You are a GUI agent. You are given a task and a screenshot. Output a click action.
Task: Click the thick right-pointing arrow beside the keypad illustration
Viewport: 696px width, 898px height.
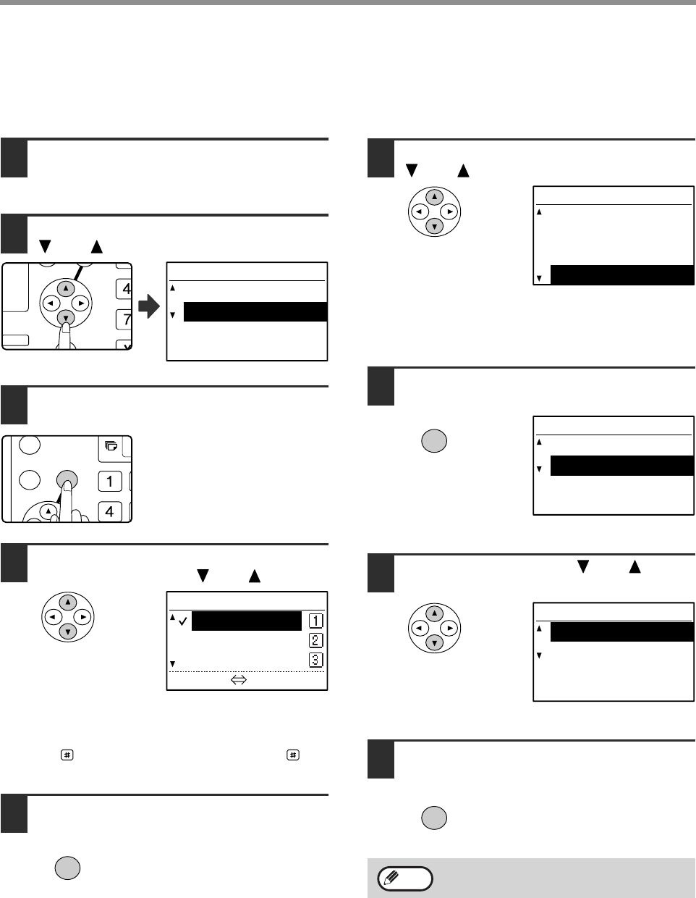(x=148, y=306)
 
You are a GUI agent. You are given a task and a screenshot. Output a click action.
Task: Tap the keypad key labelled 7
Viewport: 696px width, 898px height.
(x=124, y=319)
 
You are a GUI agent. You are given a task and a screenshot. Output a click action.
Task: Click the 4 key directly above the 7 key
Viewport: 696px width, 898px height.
(x=124, y=288)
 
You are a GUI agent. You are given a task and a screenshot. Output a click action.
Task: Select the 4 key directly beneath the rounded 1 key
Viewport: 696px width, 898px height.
(x=110, y=511)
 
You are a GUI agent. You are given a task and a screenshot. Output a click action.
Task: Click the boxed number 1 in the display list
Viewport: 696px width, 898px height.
(x=315, y=621)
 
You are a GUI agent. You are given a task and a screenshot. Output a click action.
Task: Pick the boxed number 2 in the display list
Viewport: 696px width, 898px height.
(x=315, y=640)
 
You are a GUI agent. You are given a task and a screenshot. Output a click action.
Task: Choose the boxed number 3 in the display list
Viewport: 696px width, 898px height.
(x=315, y=660)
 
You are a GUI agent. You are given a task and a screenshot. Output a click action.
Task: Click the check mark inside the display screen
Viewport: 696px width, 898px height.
(x=183, y=621)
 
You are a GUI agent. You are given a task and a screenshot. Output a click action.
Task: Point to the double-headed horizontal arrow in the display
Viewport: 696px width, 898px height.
(x=239, y=679)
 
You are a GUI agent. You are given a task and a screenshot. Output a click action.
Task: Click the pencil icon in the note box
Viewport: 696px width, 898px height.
(x=391, y=876)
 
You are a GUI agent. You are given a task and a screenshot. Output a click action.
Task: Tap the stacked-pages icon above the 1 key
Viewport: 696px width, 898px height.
(x=111, y=446)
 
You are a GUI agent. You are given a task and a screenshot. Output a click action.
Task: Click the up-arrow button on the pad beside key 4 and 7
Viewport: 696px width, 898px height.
(x=66, y=288)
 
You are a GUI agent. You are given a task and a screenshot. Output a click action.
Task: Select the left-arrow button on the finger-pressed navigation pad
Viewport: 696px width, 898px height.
(x=51, y=303)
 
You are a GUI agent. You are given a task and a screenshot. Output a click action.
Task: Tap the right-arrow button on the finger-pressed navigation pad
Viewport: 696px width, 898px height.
(x=80, y=303)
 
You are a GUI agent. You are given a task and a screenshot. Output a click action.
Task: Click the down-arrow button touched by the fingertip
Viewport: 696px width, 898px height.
(x=66, y=318)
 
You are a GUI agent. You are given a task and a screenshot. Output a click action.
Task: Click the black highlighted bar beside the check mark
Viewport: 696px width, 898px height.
(x=247, y=621)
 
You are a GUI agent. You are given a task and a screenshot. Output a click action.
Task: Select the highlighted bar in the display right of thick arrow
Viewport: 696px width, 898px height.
(x=255, y=311)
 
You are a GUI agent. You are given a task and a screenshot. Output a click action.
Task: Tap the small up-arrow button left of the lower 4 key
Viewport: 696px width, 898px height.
(x=48, y=511)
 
